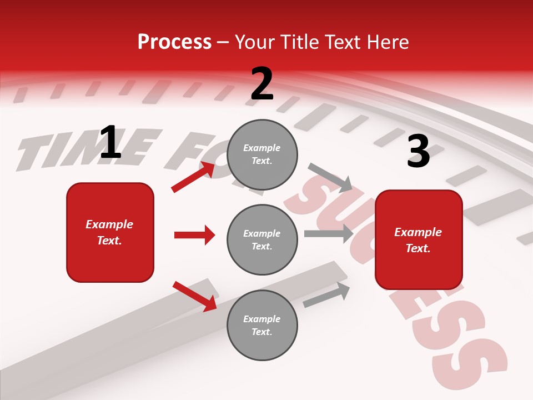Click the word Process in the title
(174, 42)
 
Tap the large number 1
(110, 142)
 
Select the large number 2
(262, 84)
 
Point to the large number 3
(418, 152)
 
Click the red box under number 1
(110, 232)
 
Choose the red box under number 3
(419, 239)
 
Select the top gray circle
(262, 154)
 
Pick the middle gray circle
(262, 239)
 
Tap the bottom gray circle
(262, 325)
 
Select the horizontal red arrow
(194, 235)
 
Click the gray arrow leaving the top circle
(330, 177)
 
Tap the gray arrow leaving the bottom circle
(327, 294)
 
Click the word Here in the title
(387, 42)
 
